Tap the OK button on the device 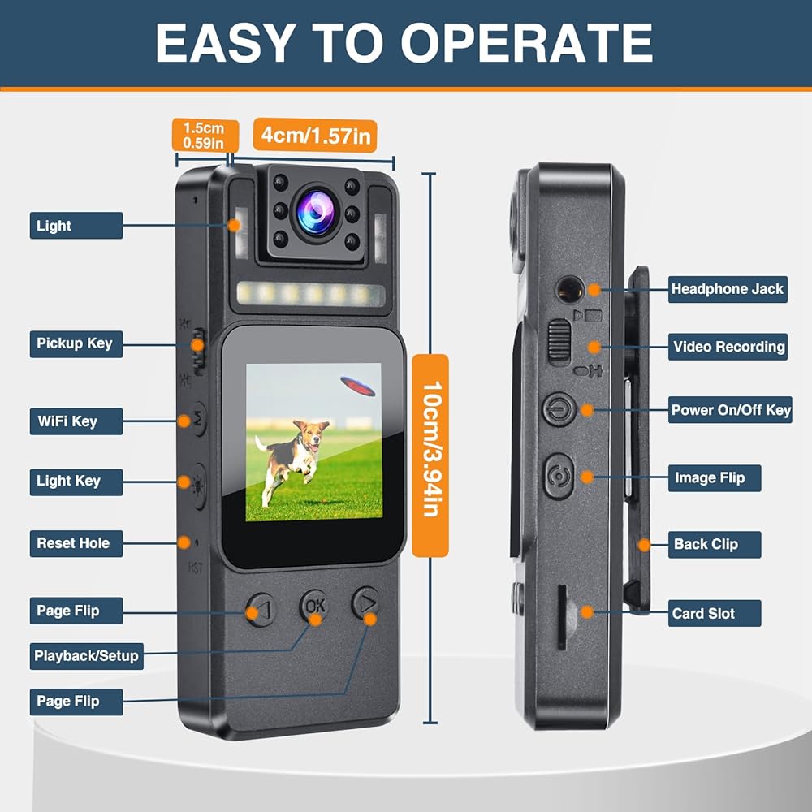314,605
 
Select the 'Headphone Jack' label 727,288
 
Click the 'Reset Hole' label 73,543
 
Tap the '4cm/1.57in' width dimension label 314,136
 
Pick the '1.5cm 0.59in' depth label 204,136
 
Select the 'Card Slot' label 703,614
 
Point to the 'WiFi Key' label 67,421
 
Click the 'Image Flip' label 709,478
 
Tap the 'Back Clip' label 706,544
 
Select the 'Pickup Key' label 75,343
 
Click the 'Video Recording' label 728,347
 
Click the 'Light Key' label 69,481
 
